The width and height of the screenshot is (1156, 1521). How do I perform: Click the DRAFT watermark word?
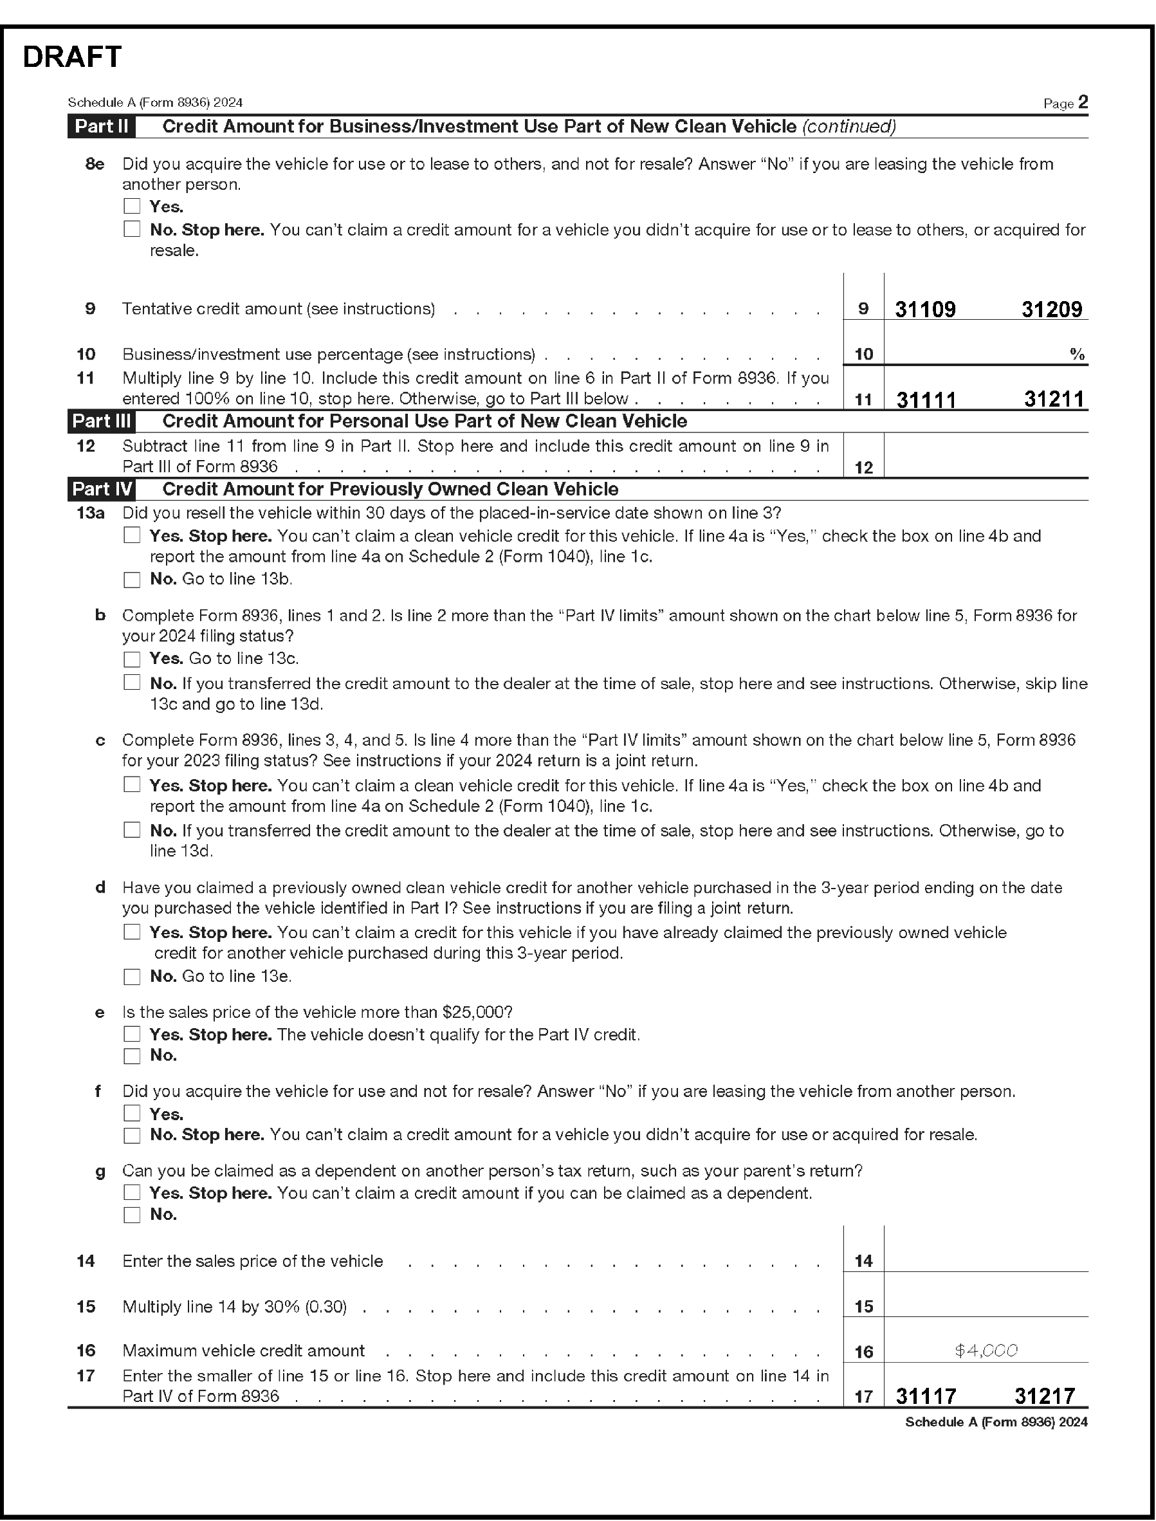click(72, 57)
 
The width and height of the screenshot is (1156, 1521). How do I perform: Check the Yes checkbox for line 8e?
click(131, 207)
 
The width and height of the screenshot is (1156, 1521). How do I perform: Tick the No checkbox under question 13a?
click(131, 580)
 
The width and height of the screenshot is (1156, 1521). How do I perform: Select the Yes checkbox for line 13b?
click(131, 659)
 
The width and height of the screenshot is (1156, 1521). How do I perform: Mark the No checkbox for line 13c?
click(131, 830)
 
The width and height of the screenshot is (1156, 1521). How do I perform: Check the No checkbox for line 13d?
click(131, 977)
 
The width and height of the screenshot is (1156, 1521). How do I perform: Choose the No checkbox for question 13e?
click(131, 1056)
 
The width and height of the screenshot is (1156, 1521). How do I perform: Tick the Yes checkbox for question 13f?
click(131, 1114)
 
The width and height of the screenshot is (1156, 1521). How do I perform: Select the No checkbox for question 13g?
click(131, 1215)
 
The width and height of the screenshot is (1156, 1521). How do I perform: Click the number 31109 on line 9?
click(925, 309)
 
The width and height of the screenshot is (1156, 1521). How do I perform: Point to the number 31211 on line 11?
click(1054, 399)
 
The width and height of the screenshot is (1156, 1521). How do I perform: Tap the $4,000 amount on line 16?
click(986, 1350)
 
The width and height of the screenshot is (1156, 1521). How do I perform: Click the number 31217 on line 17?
click(1044, 1396)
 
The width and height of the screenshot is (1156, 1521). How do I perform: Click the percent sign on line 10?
click(1077, 355)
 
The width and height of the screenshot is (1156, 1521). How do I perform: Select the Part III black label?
click(102, 421)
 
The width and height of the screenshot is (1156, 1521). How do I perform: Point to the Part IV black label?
click(102, 490)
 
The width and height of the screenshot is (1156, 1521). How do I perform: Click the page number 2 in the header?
click(1083, 102)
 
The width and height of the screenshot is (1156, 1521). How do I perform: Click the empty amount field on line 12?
click(986, 456)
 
